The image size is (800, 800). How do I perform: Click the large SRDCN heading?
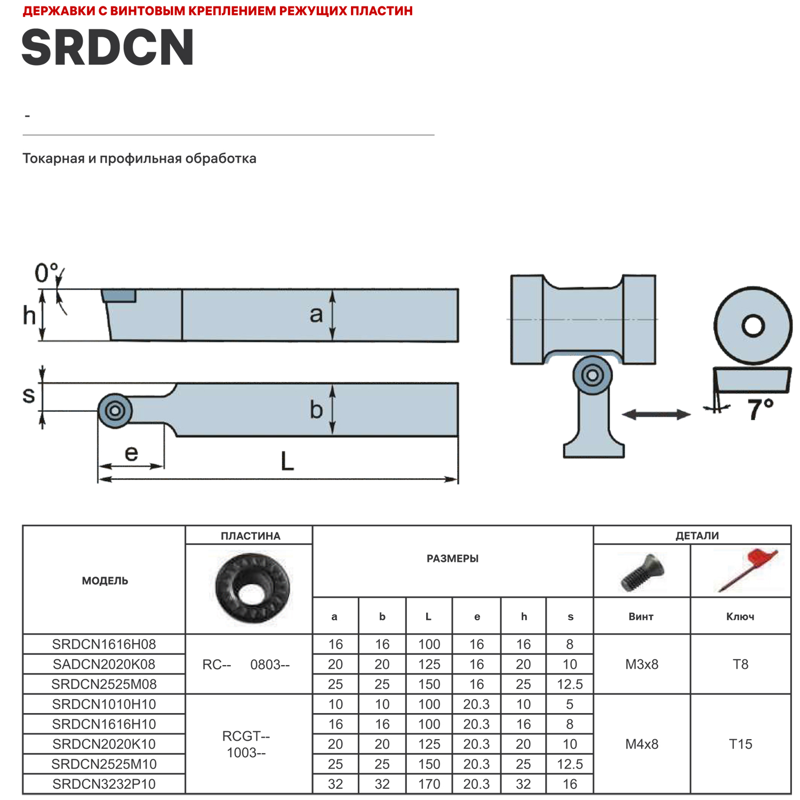[x=107, y=48]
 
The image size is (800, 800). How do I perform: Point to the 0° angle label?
[x=46, y=273]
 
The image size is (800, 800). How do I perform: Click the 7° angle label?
[x=759, y=410]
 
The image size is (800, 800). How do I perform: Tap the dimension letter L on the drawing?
[x=287, y=461]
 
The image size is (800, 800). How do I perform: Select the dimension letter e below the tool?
[x=131, y=453]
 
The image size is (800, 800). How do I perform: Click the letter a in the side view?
[x=316, y=315]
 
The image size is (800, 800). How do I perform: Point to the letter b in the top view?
[x=316, y=410]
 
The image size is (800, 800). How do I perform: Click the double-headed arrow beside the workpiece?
[x=656, y=414]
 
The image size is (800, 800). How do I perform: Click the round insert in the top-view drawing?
[x=115, y=411]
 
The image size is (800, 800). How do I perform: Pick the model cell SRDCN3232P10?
[x=104, y=784]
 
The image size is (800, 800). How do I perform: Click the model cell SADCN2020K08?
[x=104, y=665]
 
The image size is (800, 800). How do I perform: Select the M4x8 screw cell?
[x=642, y=744]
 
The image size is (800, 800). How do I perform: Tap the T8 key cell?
[x=740, y=665]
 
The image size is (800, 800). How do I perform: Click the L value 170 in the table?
[x=429, y=784]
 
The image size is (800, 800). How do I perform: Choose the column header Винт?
[x=641, y=617]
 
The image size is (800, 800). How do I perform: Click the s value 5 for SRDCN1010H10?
[x=570, y=705]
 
